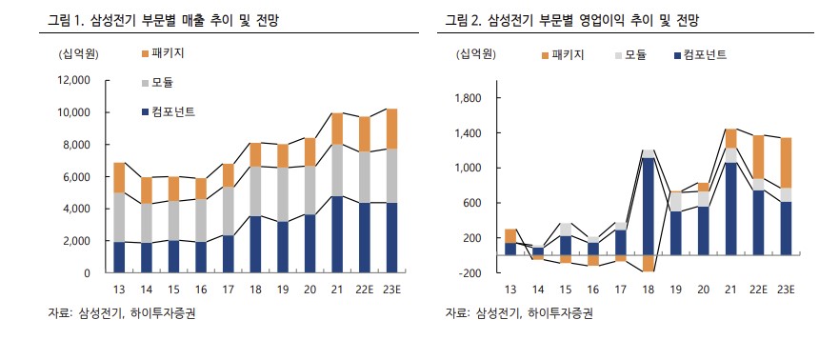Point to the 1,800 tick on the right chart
point(469,98)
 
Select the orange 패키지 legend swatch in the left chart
point(145,54)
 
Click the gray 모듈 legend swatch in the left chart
point(145,84)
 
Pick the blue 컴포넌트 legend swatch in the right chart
point(676,56)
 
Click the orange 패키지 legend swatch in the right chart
point(545,56)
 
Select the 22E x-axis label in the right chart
point(758,290)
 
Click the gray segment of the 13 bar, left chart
point(119,217)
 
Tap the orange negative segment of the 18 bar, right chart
point(649,264)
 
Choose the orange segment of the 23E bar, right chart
point(786,163)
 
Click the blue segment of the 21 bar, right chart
point(730,209)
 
